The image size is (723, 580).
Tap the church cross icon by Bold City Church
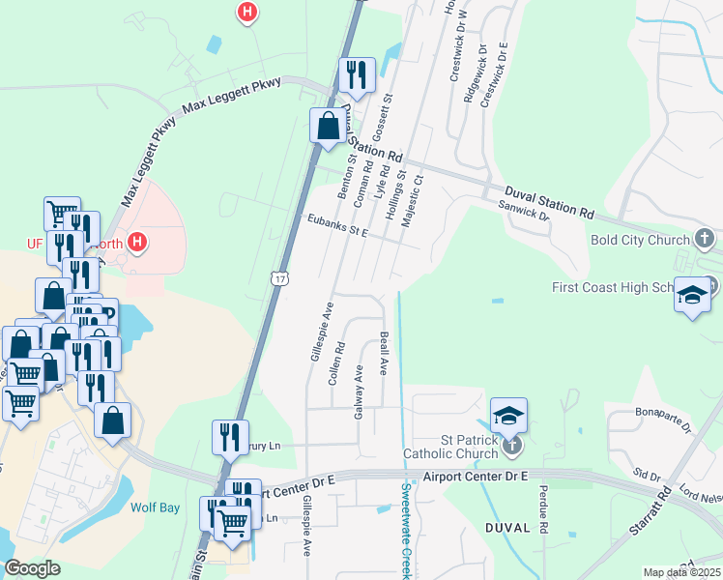[x=705, y=238]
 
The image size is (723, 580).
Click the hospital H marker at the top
[x=248, y=13]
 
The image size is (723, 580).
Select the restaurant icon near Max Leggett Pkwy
[x=356, y=74]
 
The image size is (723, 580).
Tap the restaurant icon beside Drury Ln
[x=230, y=436]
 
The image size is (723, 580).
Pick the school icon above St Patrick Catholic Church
[x=509, y=415]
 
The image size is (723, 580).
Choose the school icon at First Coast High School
[x=692, y=296]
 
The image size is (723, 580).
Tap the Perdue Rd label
[x=543, y=510]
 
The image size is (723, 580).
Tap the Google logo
[x=32, y=568]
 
